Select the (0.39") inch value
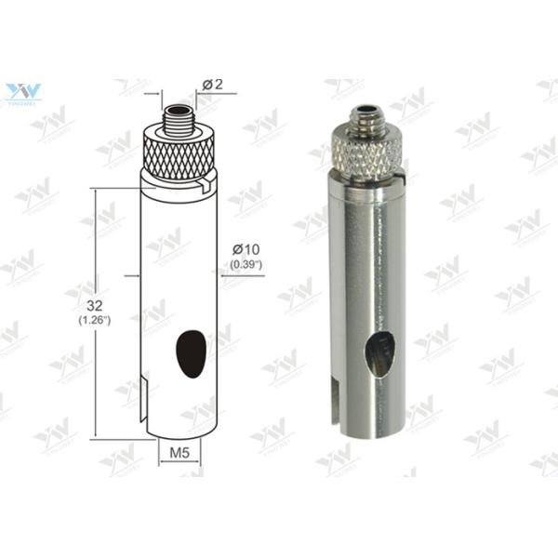point(246,265)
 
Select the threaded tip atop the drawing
point(177,120)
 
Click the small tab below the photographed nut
point(403,173)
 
